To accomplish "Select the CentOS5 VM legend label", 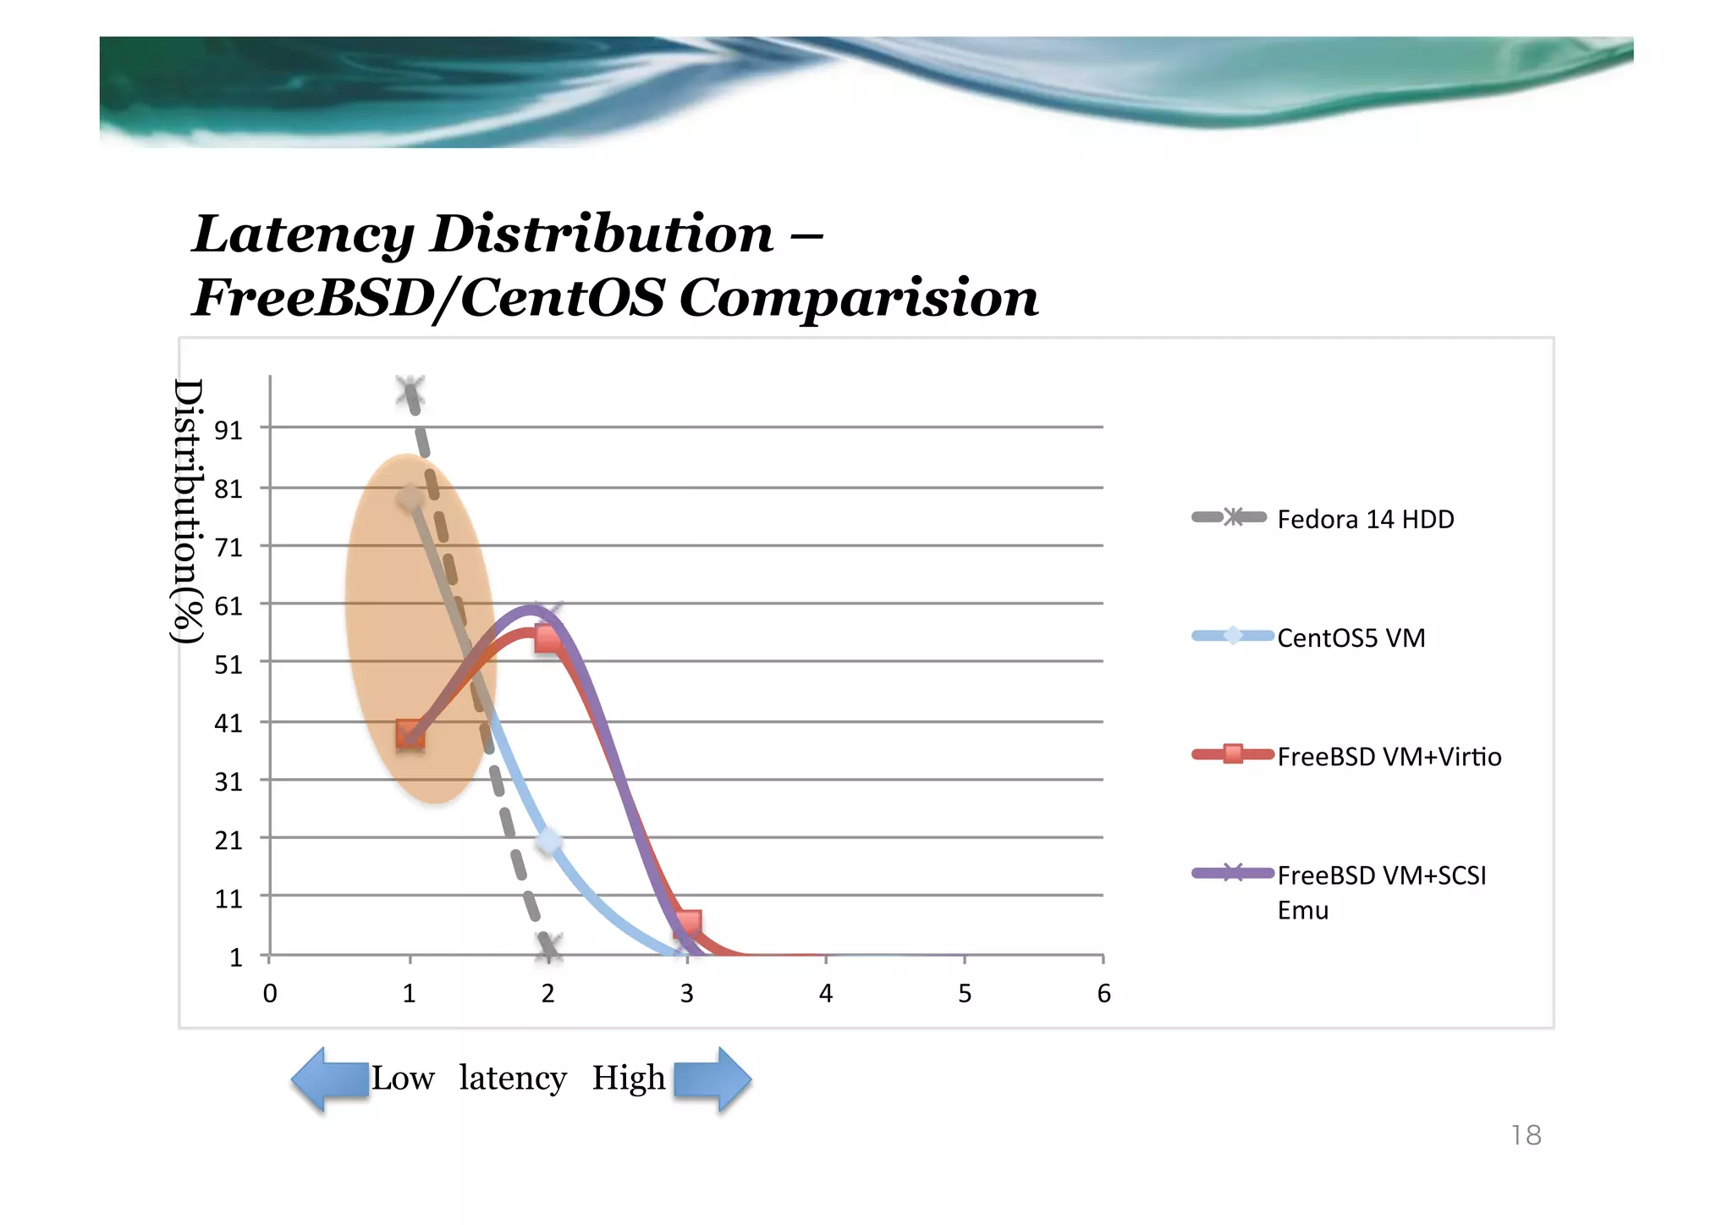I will click(x=1351, y=637).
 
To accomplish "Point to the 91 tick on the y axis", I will click(x=228, y=430).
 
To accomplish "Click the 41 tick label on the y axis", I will click(x=228, y=723).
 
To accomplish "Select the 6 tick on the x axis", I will click(x=1103, y=993).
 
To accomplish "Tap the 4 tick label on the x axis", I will click(x=826, y=993).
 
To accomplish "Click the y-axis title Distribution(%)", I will click(x=188, y=510).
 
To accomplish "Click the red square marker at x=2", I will click(x=548, y=638).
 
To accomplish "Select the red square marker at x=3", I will click(x=689, y=923).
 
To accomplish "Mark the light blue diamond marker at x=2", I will click(x=549, y=841).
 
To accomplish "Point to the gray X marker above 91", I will click(x=410, y=391).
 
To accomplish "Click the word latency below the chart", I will click(x=513, y=1079).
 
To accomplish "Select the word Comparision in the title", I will click(x=859, y=298).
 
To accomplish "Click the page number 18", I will click(x=1526, y=1135).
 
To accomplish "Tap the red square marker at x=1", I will click(x=410, y=734).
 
